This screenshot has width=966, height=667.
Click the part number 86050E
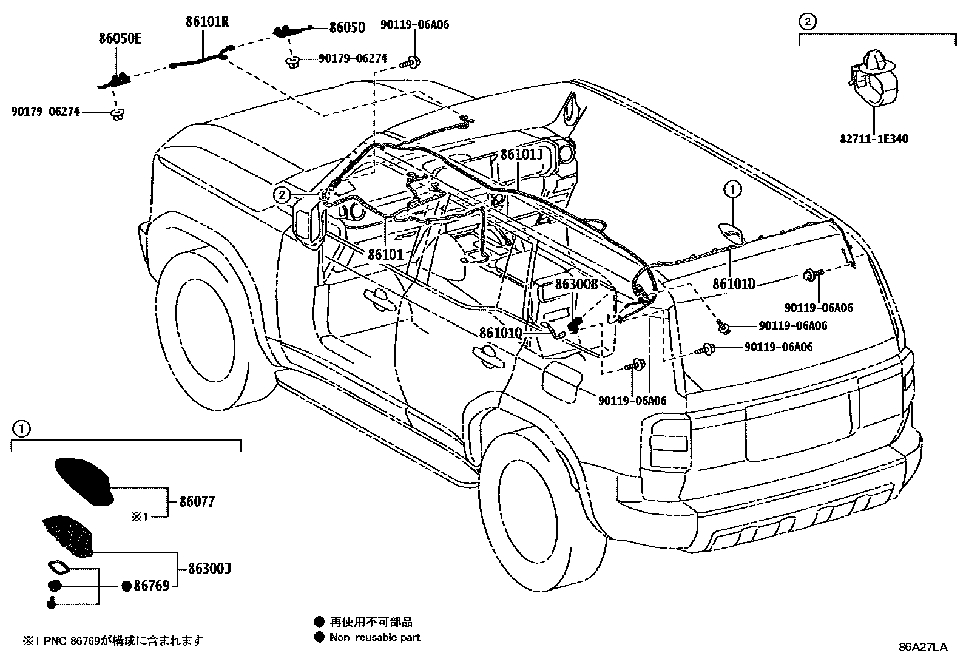coord(120,39)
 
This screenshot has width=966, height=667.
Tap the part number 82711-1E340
coord(874,139)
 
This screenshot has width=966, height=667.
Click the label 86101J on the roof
coord(521,154)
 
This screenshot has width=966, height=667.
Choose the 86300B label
coord(576,284)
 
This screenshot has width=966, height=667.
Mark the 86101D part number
coord(734,283)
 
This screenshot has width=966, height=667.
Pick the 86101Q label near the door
coord(501,333)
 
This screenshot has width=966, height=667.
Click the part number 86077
coord(197,502)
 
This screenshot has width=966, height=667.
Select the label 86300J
coord(209,569)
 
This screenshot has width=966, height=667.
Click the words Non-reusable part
coord(374,637)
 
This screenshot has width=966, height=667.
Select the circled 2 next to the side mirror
coord(281,195)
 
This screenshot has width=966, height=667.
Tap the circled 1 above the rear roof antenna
coord(732,190)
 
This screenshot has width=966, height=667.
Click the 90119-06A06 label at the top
coord(415,25)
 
